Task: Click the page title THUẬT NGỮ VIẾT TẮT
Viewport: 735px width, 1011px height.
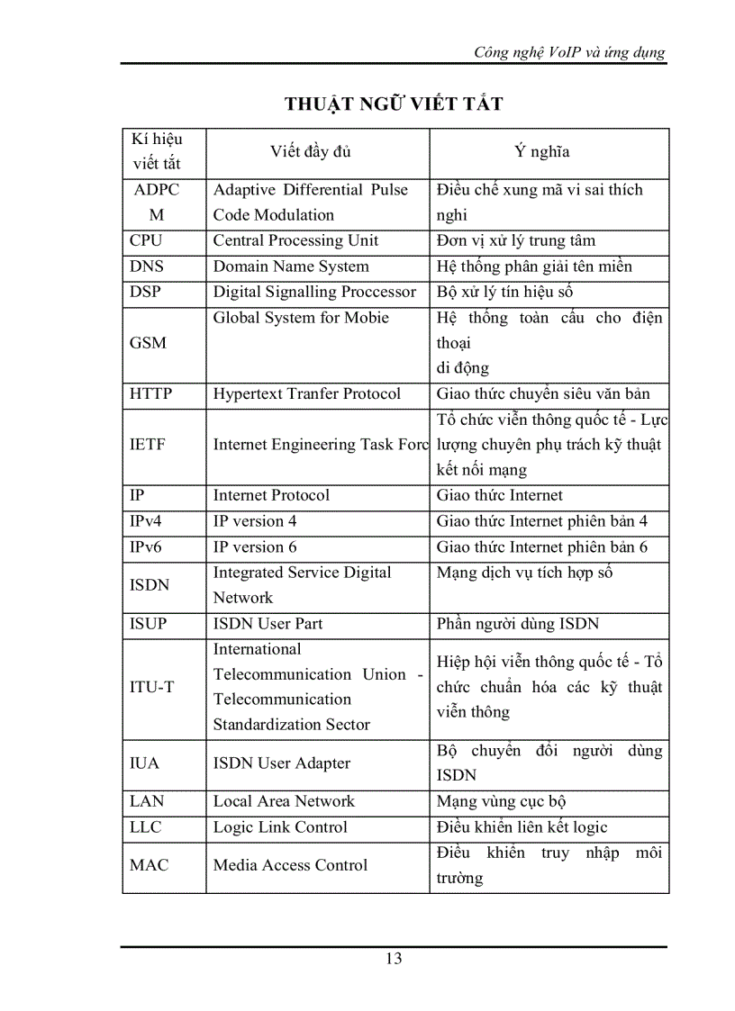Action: [x=394, y=104]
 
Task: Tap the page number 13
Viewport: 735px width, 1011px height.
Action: [x=394, y=959]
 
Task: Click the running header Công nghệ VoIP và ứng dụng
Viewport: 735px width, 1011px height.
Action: [x=569, y=52]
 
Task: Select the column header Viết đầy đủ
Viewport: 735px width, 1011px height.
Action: [x=311, y=151]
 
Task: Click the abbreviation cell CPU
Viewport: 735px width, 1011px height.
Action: [x=146, y=241]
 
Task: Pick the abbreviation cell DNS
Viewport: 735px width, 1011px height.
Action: [x=147, y=266]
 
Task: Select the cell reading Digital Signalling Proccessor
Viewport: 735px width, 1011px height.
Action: [x=314, y=292]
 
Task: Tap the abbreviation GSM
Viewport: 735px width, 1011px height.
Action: [x=149, y=343]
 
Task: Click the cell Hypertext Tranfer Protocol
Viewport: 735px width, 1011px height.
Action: [x=306, y=393]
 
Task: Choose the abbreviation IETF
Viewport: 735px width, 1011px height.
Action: [x=148, y=444]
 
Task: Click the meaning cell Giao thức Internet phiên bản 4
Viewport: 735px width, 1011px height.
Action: [x=541, y=521]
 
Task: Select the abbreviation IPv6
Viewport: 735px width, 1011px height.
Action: [x=146, y=547]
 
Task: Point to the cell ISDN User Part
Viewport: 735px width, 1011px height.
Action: [x=268, y=624]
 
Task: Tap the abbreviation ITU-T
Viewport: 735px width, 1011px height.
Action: [x=152, y=687]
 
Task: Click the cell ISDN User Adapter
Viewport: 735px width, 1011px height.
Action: [x=281, y=763]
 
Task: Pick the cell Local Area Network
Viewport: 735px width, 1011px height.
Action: [x=284, y=801]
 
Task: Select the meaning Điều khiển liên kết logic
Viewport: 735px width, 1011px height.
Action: [x=522, y=827]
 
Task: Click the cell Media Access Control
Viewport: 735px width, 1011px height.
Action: [x=290, y=865]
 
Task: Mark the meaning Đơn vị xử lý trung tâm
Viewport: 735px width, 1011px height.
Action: [x=515, y=241]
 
